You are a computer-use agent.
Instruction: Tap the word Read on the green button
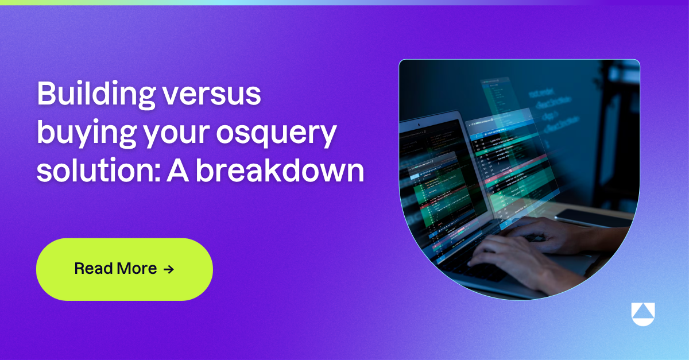pyautogui.click(x=93, y=269)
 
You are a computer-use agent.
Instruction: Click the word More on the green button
pyautogui.click(x=137, y=269)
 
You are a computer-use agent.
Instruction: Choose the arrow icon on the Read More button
pyautogui.click(x=168, y=269)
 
